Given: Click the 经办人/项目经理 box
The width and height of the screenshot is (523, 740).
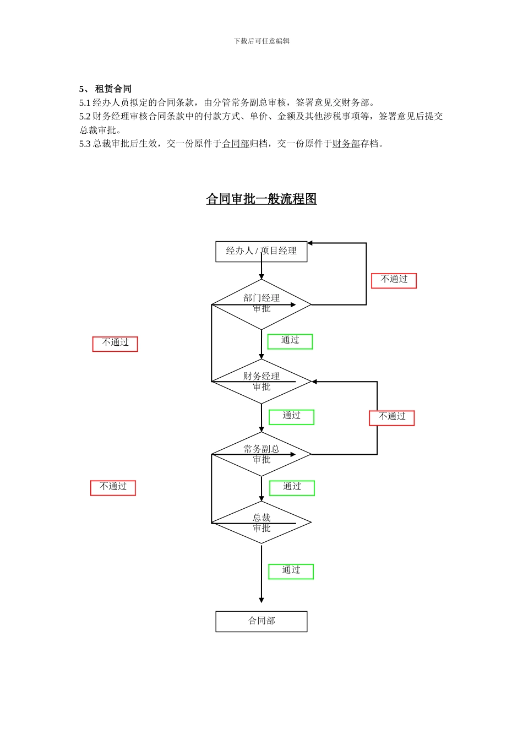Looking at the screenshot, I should tap(261, 252).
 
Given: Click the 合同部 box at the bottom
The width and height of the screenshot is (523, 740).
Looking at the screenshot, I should tap(261, 621).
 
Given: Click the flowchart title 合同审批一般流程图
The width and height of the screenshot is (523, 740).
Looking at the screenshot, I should tap(261, 199).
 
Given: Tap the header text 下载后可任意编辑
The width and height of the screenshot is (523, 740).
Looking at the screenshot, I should tap(261, 41).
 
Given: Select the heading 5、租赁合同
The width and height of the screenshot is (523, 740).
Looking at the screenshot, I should tap(105, 89).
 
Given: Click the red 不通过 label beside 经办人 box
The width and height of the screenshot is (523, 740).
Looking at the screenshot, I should tap(394, 280).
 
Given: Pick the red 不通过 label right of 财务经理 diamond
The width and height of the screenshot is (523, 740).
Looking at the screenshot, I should tap(391, 417).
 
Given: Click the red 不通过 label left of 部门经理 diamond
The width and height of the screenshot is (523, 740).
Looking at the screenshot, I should tap(115, 344).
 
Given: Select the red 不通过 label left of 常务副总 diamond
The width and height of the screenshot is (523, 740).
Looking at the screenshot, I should tap(113, 487).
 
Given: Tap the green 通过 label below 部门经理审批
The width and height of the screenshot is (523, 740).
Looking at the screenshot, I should tap(290, 341).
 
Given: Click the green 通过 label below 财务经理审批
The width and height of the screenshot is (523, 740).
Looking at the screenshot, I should tap(291, 417).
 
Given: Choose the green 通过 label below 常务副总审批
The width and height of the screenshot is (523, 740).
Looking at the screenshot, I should tap(292, 488).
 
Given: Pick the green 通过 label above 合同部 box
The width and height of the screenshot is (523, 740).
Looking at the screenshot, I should tap(291, 571).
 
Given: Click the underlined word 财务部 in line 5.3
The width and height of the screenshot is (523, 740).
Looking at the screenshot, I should tap(346, 144).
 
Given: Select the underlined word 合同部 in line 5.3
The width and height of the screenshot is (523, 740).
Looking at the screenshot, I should tap(236, 144).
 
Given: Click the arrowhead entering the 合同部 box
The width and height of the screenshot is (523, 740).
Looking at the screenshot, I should tap(261, 600).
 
